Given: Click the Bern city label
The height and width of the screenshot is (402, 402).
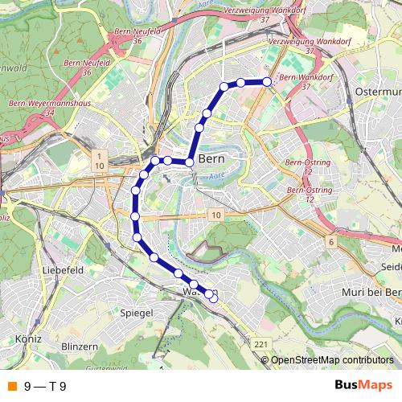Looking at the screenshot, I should (210, 158).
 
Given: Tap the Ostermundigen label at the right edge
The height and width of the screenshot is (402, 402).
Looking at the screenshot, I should (378, 94).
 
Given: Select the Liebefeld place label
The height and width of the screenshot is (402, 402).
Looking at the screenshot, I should (64, 271).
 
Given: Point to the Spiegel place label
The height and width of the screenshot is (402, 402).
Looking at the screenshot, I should (134, 311).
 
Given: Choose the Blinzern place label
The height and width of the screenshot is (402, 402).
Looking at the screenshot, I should (79, 346).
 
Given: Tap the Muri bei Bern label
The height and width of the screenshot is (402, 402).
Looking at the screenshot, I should (371, 292).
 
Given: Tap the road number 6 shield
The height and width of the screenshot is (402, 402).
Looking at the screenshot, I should (330, 241).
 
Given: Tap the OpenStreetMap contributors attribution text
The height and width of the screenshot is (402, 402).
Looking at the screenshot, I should (331, 360).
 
